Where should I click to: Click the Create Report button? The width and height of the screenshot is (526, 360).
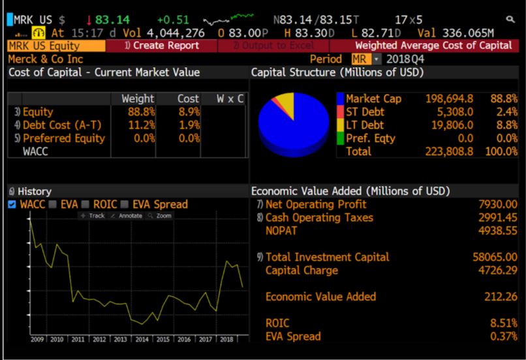click(161, 46)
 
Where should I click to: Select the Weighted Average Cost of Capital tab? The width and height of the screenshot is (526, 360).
click(433, 46)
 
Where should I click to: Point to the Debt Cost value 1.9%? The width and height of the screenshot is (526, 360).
click(188, 125)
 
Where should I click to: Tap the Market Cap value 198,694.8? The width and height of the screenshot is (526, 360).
click(449, 99)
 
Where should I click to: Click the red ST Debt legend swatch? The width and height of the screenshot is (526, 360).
click(340, 112)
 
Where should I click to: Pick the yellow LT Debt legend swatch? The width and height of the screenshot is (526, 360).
click(340, 125)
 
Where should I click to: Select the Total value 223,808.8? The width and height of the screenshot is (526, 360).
click(449, 151)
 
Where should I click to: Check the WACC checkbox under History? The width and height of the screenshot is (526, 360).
click(12, 205)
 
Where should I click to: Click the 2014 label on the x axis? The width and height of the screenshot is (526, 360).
click(142, 339)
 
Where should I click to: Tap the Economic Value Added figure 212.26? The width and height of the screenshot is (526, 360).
click(501, 297)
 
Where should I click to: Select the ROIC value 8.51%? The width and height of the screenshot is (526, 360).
click(503, 323)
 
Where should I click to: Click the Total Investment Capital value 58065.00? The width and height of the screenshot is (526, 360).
click(495, 257)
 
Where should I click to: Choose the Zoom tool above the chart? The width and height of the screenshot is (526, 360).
click(162, 215)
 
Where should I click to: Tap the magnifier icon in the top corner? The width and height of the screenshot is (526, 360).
click(510, 20)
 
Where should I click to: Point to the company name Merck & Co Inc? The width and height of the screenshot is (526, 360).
click(46, 59)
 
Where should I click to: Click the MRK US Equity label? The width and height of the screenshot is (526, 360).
click(44, 46)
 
